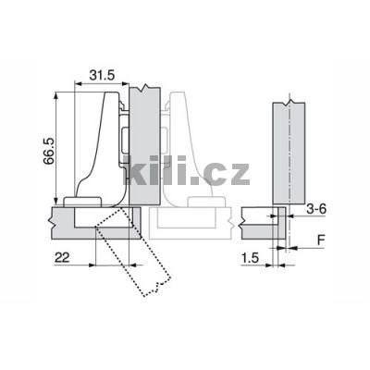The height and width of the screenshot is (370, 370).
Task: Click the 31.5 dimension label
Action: [102, 75]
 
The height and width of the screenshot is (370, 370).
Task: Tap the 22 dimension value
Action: [62, 257]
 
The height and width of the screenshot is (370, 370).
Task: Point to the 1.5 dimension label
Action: [250, 258]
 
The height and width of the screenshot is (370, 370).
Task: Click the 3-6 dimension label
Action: [316, 209]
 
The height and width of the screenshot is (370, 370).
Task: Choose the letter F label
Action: [321, 240]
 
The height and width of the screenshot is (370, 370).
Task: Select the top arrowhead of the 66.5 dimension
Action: [55, 94]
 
